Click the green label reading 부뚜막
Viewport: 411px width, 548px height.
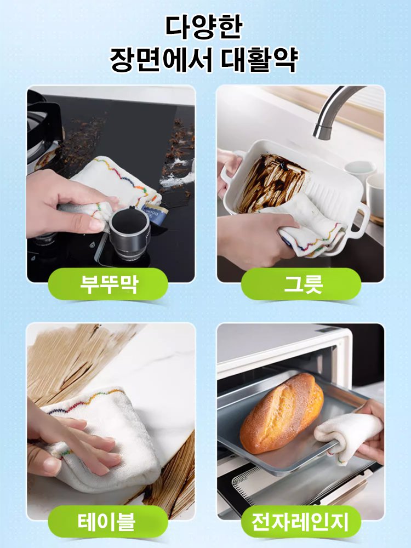[108, 284]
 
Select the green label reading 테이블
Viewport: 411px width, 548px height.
[108, 521]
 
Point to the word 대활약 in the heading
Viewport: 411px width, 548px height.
[259, 60]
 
